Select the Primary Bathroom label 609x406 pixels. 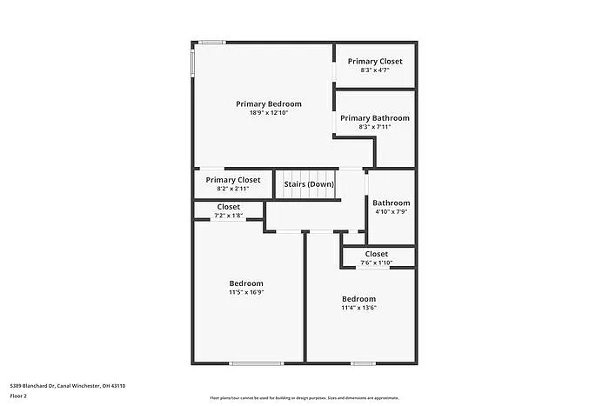374,117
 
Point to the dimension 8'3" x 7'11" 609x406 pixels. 374,127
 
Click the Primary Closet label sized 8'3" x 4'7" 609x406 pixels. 375,61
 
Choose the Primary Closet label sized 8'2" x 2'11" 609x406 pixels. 232,180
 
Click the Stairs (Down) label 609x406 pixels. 309,184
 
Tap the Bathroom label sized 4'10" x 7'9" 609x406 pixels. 391,203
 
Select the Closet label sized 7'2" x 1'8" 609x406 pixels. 228,206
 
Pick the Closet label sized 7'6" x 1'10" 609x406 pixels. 376,254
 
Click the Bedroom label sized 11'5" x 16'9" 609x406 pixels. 246,283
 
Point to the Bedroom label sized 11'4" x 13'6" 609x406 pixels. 358,298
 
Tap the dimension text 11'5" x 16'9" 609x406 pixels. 246,293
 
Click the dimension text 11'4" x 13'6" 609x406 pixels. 358,308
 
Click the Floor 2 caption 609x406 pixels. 18,396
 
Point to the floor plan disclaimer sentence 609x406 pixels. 304,397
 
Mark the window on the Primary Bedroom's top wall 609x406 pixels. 211,42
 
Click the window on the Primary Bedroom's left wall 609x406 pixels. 192,63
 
